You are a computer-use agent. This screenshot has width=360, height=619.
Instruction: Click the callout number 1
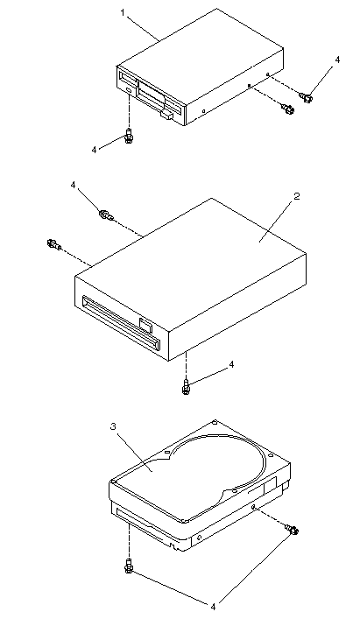123,12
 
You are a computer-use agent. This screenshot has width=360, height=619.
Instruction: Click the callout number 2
297,196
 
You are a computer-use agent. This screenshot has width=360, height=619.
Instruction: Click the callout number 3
113,426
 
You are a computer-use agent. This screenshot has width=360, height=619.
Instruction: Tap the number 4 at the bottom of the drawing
213,606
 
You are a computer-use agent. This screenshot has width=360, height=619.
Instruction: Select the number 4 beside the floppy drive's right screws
337,60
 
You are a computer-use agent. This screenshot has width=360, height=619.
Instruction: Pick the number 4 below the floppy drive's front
94,150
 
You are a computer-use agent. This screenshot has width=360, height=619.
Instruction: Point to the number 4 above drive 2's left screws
73,185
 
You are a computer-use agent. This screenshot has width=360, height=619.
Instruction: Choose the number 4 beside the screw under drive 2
232,364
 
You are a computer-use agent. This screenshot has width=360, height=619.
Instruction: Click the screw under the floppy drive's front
128,136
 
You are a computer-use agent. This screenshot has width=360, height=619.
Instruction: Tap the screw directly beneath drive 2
187,386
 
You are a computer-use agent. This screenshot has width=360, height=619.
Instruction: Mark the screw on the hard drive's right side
293,529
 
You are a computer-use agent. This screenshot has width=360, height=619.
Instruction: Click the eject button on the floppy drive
166,115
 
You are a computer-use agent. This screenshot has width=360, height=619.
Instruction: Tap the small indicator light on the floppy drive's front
130,91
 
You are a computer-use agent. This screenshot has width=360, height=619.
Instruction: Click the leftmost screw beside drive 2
53,243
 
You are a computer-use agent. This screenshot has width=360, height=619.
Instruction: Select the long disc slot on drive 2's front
121,323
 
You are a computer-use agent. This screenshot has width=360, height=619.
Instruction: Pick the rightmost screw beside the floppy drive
307,96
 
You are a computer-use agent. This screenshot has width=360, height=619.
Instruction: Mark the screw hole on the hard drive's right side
254,506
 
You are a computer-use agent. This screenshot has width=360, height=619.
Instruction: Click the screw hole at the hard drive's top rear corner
215,422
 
